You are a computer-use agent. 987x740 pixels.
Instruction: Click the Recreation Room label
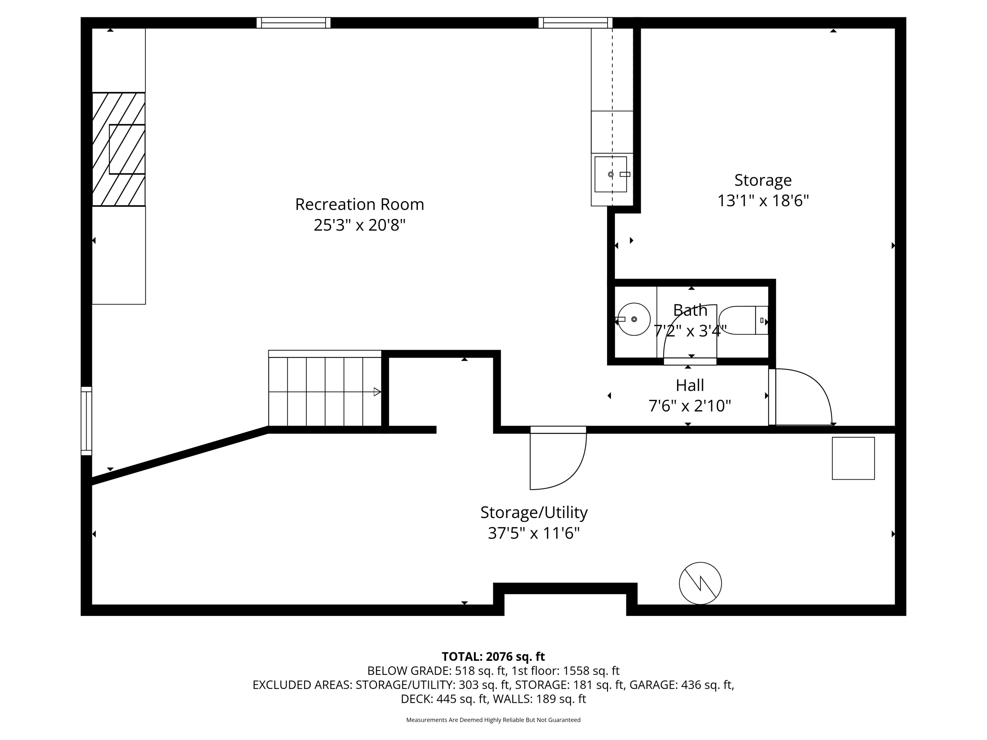coord(359,204)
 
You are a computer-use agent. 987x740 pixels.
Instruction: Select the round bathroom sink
coord(634,319)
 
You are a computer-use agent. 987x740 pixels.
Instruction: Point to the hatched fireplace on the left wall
coord(119,149)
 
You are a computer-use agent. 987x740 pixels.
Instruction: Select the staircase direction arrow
coord(377,392)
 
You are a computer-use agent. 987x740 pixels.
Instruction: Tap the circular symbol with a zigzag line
coord(700,583)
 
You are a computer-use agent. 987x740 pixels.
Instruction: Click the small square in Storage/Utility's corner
coord(853,458)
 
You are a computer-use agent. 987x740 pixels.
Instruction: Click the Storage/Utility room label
coord(534,512)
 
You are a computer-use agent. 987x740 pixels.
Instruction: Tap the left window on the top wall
coord(293,23)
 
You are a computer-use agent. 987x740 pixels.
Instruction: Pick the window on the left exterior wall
coord(86,421)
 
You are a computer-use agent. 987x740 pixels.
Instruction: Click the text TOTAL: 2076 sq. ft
coord(493,656)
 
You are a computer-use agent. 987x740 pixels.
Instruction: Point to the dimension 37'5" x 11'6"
coord(534,533)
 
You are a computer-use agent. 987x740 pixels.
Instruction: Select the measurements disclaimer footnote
coord(493,720)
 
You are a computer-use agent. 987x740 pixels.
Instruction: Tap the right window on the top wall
coord(575,23)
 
